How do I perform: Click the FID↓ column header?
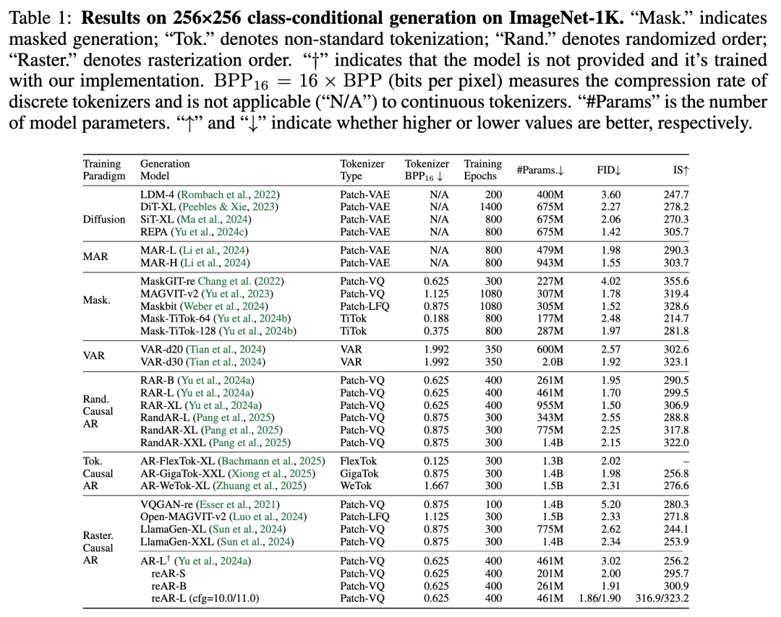(x=609, y=170)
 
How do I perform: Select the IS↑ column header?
(x=679, y=170)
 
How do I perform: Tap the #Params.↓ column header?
(x=540, y=170)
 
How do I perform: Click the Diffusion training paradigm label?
(x=104, y=219)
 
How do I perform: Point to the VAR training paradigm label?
(x=94, y=355)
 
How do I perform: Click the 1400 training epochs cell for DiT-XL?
(x=482, y=206)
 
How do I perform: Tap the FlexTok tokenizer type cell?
(x=359, y=460)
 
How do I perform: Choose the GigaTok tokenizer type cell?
(x=361, y=473)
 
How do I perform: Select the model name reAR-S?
(x=167, y=573)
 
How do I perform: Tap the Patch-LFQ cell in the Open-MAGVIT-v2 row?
(x=364, y=517)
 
